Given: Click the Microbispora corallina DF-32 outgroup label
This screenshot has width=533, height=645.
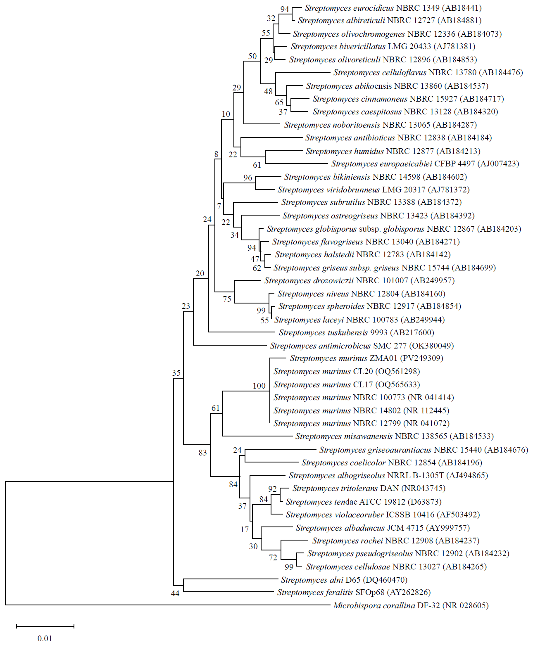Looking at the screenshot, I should pyautogui.click(x=411, y=606).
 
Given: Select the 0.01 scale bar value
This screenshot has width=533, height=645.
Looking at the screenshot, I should pyautogui.click(x=45, y=638).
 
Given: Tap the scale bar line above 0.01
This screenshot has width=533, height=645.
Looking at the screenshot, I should pyautogui.click(x=45, y=626).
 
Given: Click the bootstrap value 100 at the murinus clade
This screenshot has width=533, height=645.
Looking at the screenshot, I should pyautogui.click(x=259, y=386).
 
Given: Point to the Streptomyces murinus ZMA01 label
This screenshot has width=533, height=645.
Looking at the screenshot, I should pyautogui.click(x=366, y=358).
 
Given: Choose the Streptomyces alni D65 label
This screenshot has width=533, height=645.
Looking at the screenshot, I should pyautogui.click(x=344, y=580).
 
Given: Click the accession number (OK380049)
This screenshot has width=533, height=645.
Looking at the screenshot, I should pyautogui.click(x=431, y=346).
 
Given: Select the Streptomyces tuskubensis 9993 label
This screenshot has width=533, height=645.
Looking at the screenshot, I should pyautogui.click(x=356, y=333).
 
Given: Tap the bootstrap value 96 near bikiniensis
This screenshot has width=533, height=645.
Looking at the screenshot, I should pyautogui.click(x=247, y=178).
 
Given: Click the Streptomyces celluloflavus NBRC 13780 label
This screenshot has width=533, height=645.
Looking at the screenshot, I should pyautogui.click(x=428, y=73).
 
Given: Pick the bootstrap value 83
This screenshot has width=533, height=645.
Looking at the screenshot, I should pyautogui.click(x=202, y=453).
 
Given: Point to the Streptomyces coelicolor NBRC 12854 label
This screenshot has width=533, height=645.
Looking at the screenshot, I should pyautogui.click(x=392, y=463).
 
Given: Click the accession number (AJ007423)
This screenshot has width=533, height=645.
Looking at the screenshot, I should pyautogui.click(x=498, y=164).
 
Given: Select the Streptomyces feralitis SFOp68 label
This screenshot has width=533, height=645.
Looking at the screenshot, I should pyautogui.click(x=354, y=593).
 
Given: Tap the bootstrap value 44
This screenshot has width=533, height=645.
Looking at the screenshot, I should pyautogui.click(x=175, y=593).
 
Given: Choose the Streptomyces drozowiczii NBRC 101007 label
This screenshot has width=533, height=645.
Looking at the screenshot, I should pyautogui.click(x=359, y=281).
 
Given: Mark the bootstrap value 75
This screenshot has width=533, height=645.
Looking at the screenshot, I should pyautogui.click(x=227, y=299).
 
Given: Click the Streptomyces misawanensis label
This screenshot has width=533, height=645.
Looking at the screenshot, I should pyautogui.click(x=394, y=436).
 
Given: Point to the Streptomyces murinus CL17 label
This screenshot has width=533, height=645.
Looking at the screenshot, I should pyautogui.click(x=346, y=385).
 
